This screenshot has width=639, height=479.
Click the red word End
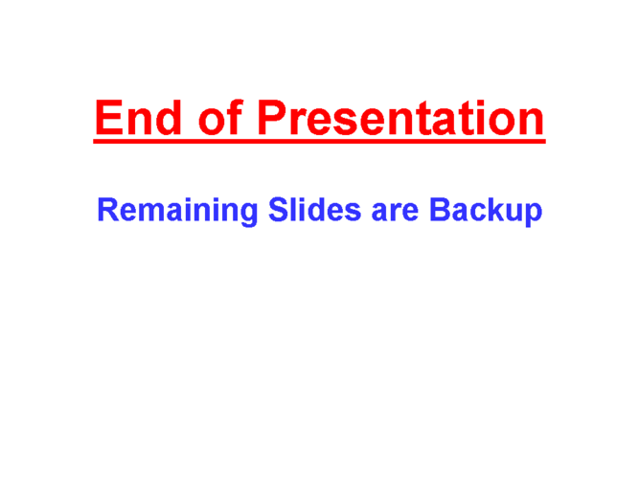[138, 118]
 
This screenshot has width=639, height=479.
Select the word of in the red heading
[221, 117]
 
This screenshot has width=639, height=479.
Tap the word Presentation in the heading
[401, 118]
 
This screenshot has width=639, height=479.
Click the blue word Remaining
[177, 211]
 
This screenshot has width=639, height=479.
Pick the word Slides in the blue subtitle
[314, 210]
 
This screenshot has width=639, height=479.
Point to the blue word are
[395, 213]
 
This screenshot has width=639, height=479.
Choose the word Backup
[486, 211]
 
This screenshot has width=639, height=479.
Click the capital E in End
[109, 118]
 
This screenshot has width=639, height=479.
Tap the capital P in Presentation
[273, 118]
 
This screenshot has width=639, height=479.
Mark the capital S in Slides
[279, 210]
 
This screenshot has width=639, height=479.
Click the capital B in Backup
[440, 209]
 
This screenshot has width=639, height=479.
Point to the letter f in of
[236, 117]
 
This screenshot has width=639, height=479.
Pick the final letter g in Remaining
[248, 216]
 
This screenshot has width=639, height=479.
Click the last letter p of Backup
[534, 216]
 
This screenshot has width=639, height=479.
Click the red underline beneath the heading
[320, 141]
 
